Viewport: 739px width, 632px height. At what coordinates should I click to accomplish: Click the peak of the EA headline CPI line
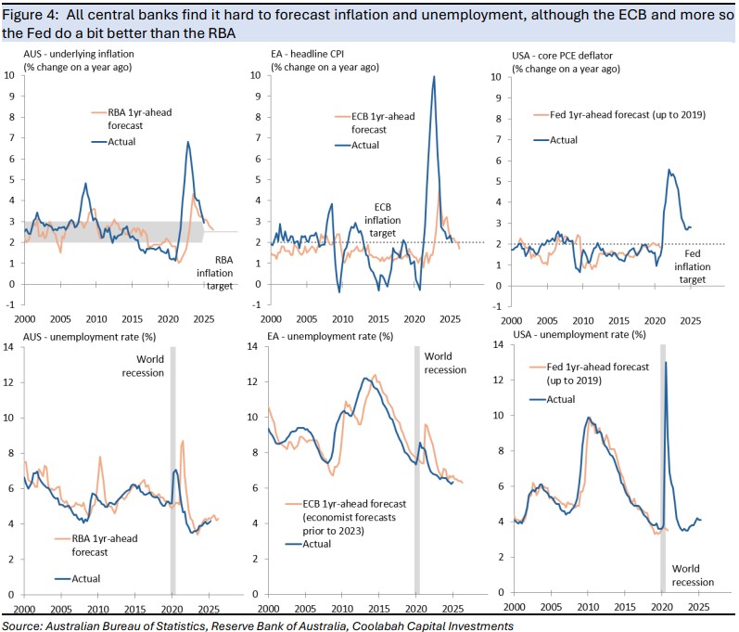point(433,77)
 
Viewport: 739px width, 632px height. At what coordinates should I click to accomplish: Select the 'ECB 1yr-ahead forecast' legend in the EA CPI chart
point(368,123)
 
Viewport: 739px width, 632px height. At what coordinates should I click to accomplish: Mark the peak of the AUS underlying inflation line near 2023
point(188,142)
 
